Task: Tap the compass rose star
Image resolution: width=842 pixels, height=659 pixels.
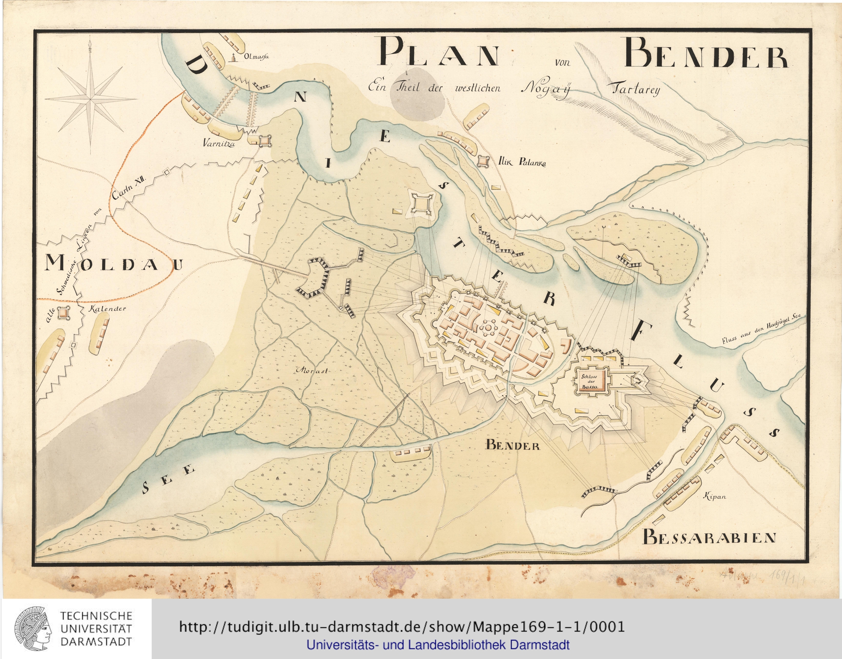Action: click(91, 100)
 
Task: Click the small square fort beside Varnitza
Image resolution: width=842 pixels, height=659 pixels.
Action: click(265, 140)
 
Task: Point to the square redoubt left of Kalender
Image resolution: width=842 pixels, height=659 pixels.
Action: click(63, 312)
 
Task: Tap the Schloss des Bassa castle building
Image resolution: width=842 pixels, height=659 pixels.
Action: click(590, 380)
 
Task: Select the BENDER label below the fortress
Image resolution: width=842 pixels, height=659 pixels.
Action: click(513, 445)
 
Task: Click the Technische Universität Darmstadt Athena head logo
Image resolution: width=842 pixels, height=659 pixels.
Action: click(33, 629)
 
